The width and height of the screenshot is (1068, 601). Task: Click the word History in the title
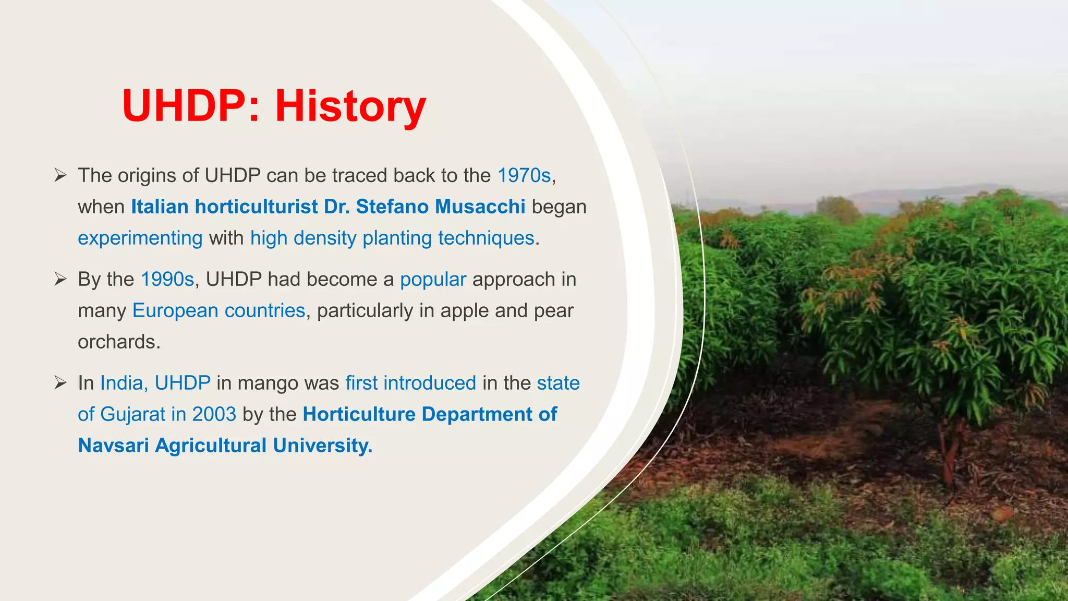350,106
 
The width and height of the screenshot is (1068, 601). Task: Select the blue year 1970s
524,176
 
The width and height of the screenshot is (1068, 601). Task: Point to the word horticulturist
256,207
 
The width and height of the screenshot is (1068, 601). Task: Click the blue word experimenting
140,238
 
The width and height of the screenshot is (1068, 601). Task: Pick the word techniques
486,238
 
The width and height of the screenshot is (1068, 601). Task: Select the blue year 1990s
167,280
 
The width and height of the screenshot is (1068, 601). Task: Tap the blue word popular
433,280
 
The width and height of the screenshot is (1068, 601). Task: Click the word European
175,311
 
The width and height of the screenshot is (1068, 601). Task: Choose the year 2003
214,414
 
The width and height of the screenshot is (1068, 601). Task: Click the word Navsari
113,446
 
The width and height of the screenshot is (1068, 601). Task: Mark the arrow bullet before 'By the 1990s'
60,280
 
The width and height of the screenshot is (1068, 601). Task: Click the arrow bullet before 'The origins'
60,176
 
